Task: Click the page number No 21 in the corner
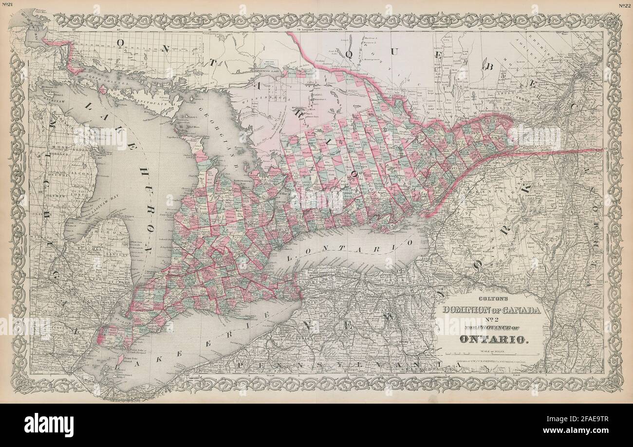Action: click(x=8, y=5)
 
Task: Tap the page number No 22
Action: click(x=625, y=5)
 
